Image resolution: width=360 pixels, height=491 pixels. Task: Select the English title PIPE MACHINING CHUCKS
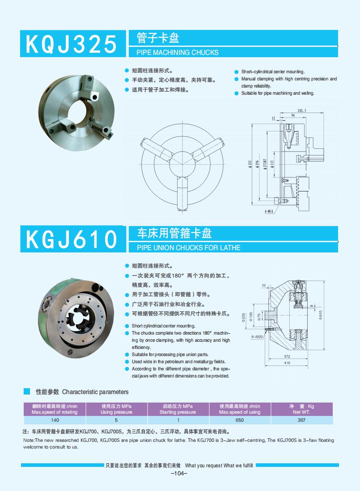(x=174, y=52)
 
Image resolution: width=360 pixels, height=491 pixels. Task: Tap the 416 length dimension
(x=287, y=363)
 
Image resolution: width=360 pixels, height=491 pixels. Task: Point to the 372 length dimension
(x=287, y=356)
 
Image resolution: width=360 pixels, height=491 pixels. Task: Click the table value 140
(x=55, y=420)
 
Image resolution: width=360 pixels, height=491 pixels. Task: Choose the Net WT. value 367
(x=301, y=420)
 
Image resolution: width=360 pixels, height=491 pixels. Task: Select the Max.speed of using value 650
(x=240, y=420)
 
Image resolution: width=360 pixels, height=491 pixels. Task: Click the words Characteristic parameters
(x=95, y=392)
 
